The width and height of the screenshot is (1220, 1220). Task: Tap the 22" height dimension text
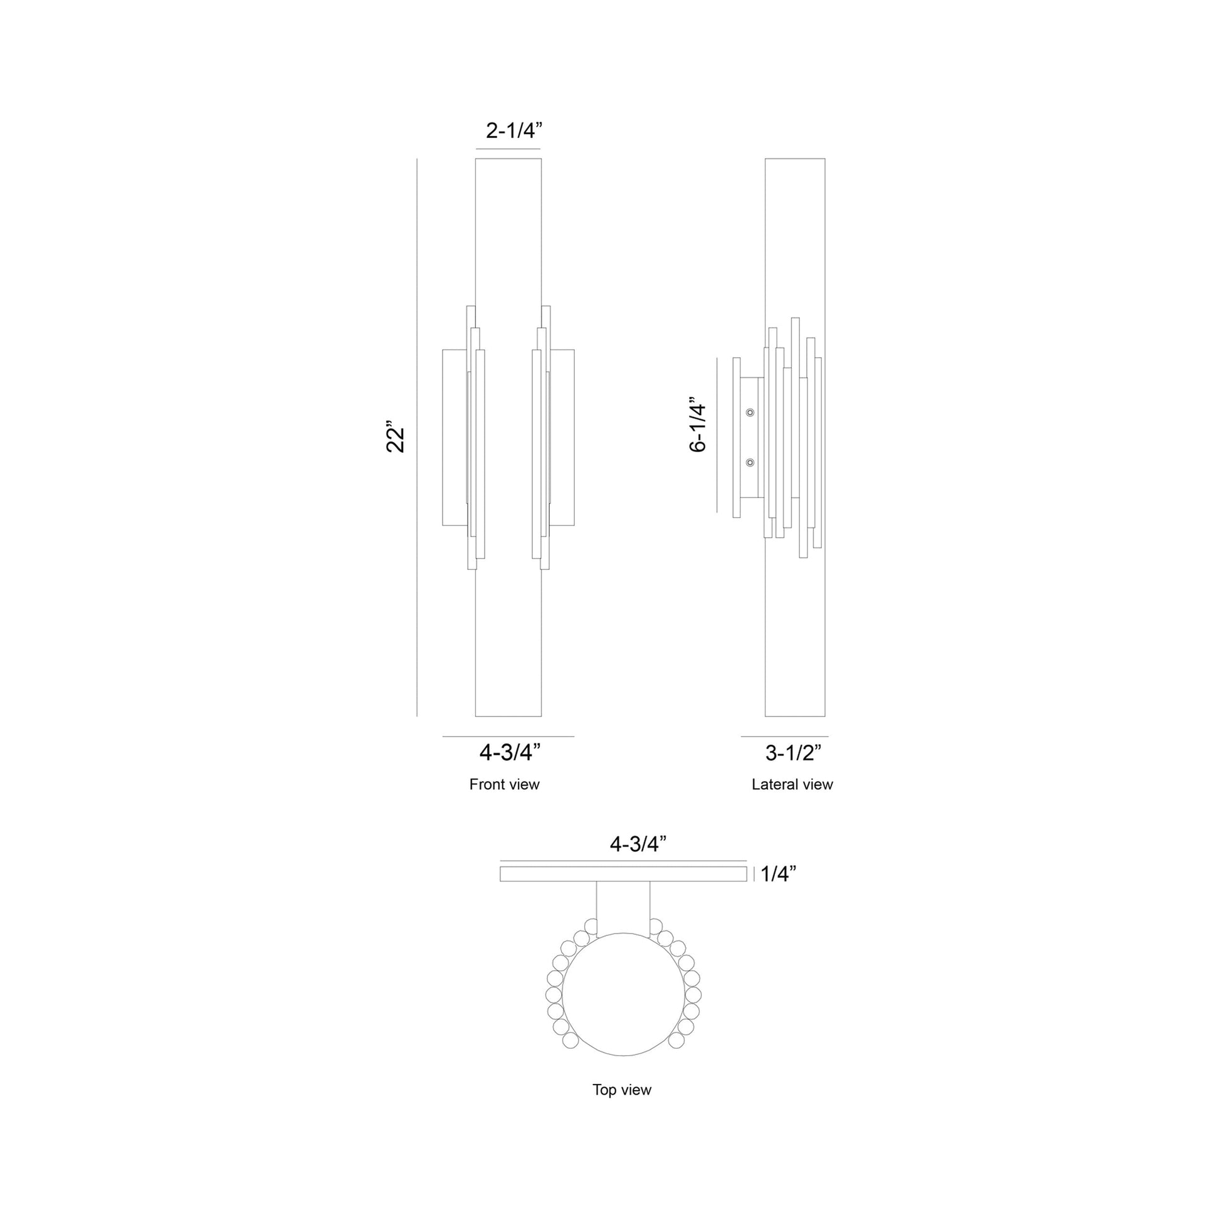(396, 436)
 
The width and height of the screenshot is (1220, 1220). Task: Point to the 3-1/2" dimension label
(793, 753)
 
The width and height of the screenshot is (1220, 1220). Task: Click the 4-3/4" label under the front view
(510, 752)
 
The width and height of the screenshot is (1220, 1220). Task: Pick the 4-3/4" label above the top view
(638, 844)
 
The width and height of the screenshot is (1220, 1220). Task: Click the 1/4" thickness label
(778, 874)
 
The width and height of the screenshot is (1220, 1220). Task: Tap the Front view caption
(504, 784)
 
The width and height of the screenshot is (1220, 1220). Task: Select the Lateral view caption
(792, 784)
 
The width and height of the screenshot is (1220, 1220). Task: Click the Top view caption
(621, 1090)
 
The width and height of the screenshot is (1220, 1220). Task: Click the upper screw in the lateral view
(750, 413)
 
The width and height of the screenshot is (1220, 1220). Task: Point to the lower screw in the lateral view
(750, 463)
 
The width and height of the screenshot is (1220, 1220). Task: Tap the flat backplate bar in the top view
(623, 874)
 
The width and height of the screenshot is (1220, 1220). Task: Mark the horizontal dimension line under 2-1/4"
(508, 149)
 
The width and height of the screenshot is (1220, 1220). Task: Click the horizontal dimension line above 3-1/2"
(784, 736)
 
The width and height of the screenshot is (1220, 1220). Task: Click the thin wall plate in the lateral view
(736, 437)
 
